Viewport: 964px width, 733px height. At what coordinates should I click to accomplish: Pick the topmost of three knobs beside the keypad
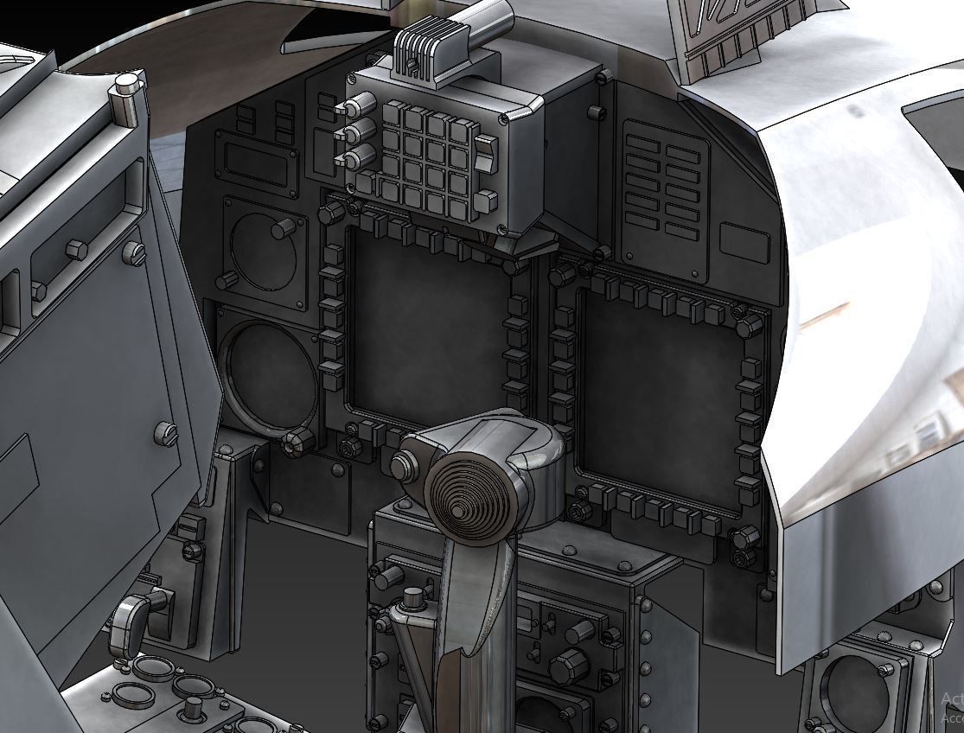[x=352, y=108]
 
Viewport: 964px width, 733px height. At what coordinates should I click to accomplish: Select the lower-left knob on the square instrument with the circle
[x=227, y=280]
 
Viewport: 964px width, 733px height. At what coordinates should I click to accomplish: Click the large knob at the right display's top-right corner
[x=749, y=326]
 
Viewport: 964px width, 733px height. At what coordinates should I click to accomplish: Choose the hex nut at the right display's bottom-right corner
[x=744, y=538]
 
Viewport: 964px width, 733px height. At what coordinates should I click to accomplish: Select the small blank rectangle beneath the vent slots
[x=744, y=243]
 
